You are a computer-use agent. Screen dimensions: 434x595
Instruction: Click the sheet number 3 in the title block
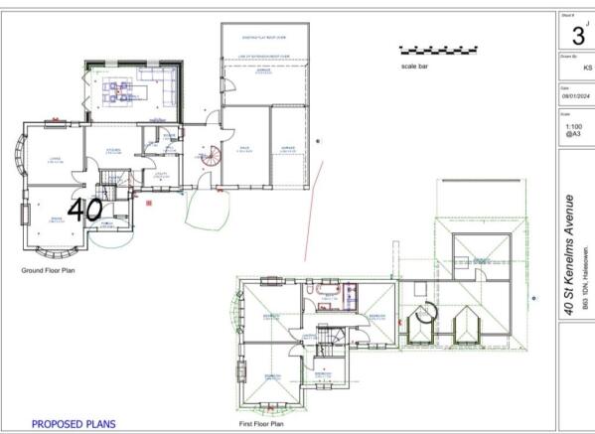click(x=577, y=35)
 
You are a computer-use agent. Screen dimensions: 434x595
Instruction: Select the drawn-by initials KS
click(x=587, y=69)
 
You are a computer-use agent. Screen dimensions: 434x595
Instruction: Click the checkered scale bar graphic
click(x=437, y=48)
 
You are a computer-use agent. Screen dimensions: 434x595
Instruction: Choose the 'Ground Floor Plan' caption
click(x=49, y=269)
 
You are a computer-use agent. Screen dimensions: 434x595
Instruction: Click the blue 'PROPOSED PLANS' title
click(x=74, y=424)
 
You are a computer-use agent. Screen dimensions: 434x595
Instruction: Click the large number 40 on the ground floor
click(x=85, y=209)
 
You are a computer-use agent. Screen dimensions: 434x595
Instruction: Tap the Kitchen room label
click(x=115, y=151)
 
